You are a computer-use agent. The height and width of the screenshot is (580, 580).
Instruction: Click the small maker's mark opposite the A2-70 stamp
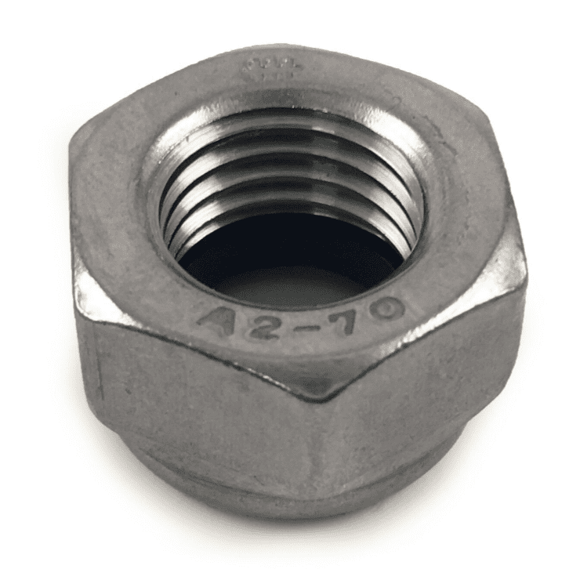tap(266, 67)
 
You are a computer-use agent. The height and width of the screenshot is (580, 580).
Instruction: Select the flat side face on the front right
tap(423, 384)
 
